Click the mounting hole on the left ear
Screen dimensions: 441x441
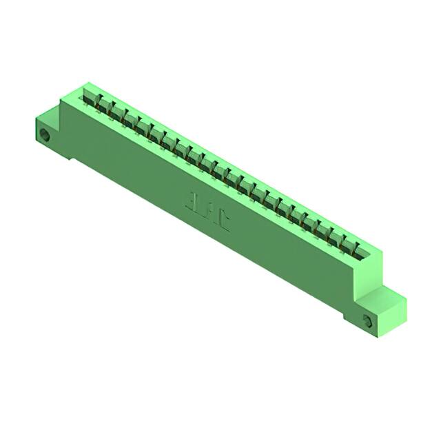tap(45, 134)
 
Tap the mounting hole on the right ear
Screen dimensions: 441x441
tap(367, 320)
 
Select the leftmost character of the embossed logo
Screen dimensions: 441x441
tap(189, 201)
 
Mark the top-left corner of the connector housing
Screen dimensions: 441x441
tap(83, 84)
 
